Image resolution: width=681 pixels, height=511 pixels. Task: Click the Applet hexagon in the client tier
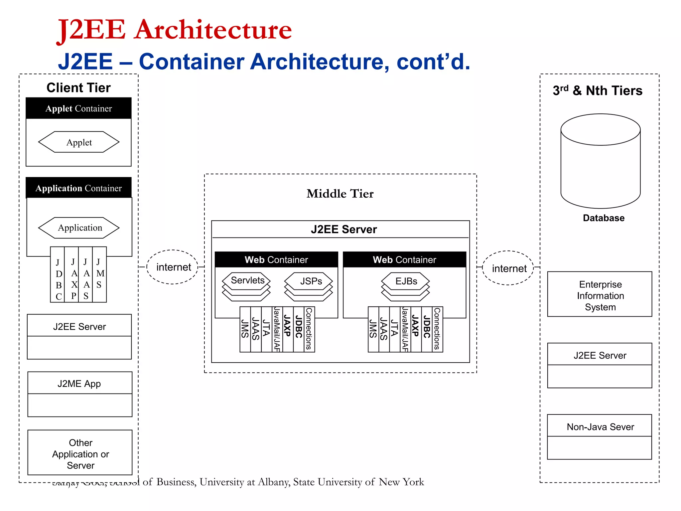click(x=79, y=142)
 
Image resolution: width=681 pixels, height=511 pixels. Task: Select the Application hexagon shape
click(x=79, y=228)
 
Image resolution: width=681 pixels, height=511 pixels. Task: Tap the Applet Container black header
click(x=79, y=108)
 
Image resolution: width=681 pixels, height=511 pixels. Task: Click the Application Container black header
click(x=79, y=188)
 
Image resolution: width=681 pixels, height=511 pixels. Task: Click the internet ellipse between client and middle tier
click(x=173, y=267)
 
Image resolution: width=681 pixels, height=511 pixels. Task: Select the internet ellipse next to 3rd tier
click(x=508, y=268)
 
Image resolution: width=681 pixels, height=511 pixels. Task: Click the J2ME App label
click(x=79, y=384)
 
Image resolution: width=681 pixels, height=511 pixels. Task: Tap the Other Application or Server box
click(x=80, y=453)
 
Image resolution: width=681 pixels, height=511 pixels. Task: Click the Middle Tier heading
click(x=340, y=194)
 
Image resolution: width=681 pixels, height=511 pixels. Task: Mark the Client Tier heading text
click(x=78, y=88)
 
